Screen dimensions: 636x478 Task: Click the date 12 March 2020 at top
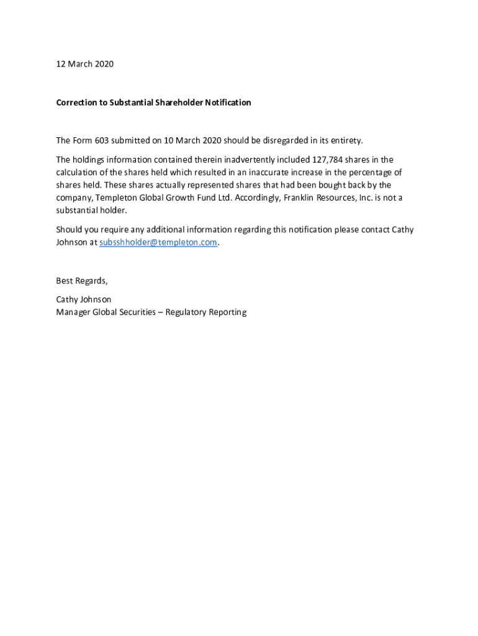[x=85, y=64]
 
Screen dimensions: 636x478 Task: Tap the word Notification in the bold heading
[x=228, y=102]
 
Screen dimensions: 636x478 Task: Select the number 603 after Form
[x=101, y=140]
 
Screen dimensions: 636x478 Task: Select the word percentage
[x=376, y=172]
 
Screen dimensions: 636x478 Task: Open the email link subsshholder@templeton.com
[x=158, y=243]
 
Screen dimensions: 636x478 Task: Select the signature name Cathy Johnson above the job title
[x=84, y=299]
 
